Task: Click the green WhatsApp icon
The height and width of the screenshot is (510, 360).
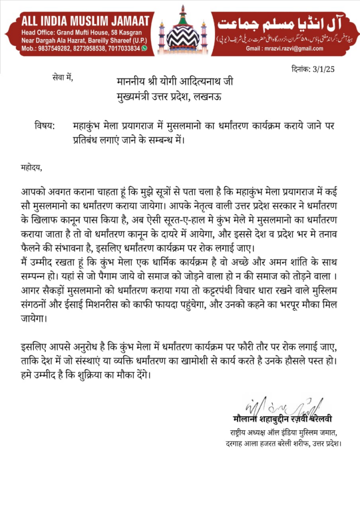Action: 144,48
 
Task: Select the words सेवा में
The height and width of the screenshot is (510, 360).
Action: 62,77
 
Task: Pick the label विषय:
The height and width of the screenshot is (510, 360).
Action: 45,126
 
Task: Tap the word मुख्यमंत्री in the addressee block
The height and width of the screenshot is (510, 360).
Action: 137,96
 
